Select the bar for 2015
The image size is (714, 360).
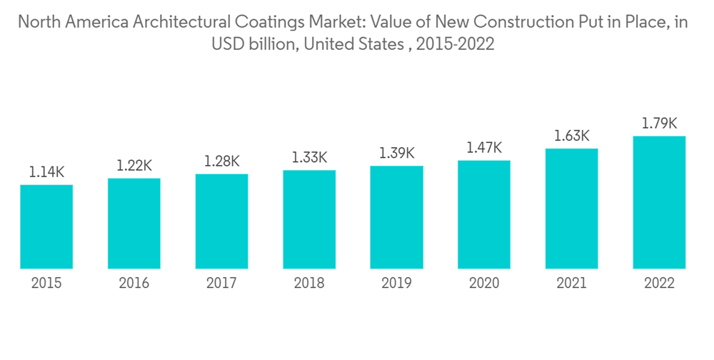46,226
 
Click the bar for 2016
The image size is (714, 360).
134,223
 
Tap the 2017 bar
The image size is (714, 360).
221,221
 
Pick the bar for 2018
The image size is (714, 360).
309,219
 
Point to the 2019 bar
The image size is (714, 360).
396,217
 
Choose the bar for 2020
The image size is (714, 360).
484,214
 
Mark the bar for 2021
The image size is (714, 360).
571,209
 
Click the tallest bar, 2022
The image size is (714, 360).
659,202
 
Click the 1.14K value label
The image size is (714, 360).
46,171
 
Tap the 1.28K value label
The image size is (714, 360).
221,161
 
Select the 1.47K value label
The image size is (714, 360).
484,148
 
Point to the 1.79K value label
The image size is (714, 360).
659,123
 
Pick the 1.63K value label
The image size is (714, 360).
571,136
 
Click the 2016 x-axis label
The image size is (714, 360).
134,284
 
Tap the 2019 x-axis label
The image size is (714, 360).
396,284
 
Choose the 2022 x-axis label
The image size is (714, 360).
659,284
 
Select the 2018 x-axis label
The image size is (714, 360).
309,284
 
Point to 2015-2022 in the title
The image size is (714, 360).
456,44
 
